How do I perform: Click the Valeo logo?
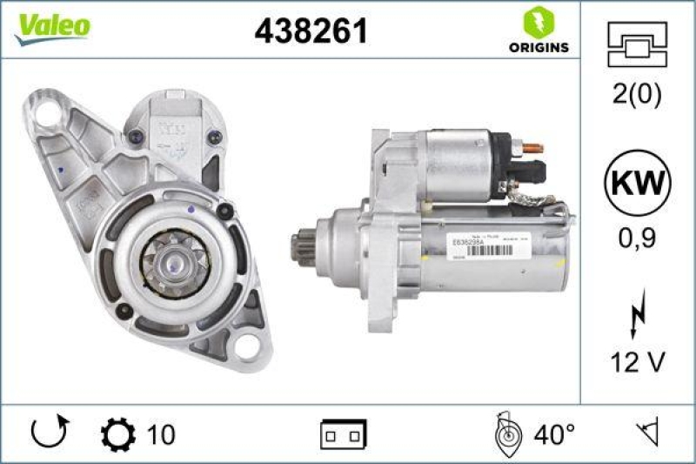point(50,27)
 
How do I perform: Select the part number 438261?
point(311,31)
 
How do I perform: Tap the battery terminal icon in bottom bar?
point(343,434)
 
